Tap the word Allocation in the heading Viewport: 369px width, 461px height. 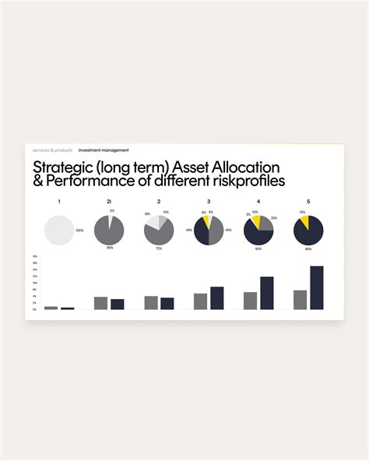pos(244,167)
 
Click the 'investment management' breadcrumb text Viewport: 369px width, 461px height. pos(104,150)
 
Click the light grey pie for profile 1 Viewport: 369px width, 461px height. pos(59,231)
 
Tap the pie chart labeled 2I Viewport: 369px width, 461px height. pos(109,231)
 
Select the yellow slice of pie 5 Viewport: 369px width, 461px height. pos(303,222)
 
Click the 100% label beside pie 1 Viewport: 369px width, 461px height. pos(79,231)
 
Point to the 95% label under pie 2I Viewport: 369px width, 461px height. pos(110,248)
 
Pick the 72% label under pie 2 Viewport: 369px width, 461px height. pos(159,248)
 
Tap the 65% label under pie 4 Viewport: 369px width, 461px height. pos(258,248)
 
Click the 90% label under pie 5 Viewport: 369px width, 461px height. pos(308,248)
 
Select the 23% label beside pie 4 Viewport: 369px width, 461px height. pos(275,219)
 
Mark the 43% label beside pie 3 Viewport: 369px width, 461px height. pos(189,230)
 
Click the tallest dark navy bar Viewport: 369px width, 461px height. pos(316,287)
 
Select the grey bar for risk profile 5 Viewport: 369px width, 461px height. pos(300,300)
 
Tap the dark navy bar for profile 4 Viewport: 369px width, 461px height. pos(267,293)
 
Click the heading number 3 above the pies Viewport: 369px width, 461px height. pos(209,202)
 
